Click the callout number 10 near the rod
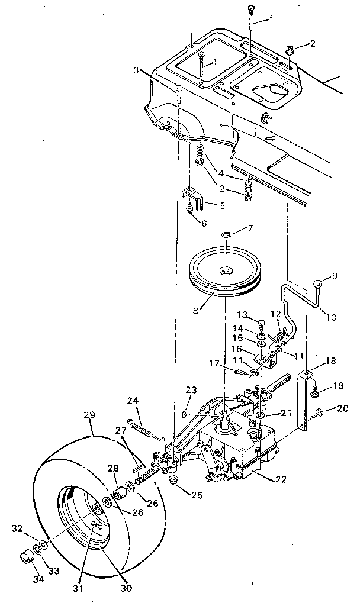tap(332, 317)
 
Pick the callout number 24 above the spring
tap(134, 400)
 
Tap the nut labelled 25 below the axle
tap(175, 478)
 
